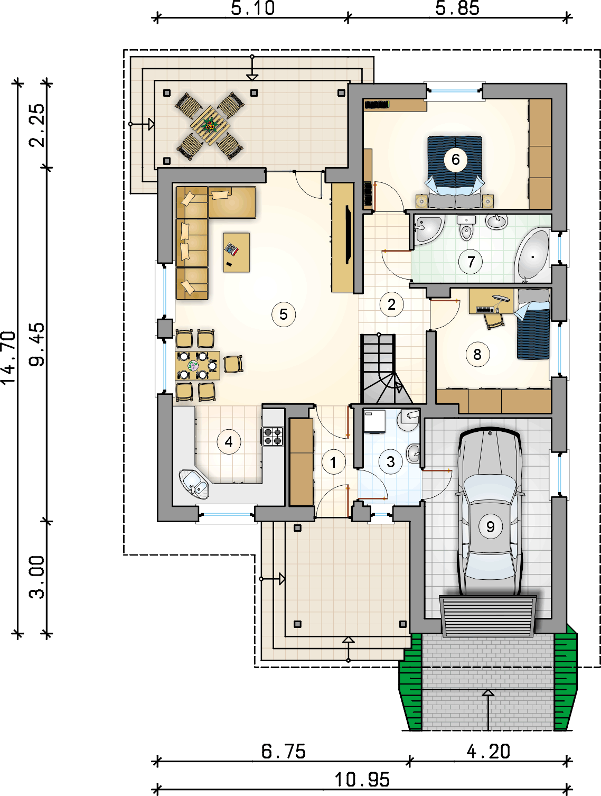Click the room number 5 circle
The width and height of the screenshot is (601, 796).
click(x=284, y=314)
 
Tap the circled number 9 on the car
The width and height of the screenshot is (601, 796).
click(x=491, y=526)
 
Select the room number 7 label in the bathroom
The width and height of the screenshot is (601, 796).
click(x=471, y=262)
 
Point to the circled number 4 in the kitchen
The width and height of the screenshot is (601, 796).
click(x=229, y=442)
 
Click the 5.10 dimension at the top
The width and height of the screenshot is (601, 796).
click(x=253, y=8)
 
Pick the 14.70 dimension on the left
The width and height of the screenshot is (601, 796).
click(x=8, y=357)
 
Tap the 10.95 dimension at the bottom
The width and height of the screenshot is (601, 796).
click(x=362, y=779)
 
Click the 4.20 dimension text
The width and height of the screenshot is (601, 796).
click(x=489, y=751)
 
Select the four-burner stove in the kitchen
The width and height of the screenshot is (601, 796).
click(x=273, y=436)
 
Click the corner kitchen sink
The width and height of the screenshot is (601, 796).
click(x=194, y=484)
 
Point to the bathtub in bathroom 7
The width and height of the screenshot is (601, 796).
click(x=532, y=256)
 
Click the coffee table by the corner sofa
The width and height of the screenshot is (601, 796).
click(x=236, y=252)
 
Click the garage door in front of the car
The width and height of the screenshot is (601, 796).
click(x=488, y=616)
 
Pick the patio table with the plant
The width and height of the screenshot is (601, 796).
click(x=210, y=125)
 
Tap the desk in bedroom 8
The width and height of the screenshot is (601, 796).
click(x=491, y=301)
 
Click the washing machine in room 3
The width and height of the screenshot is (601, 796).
click(x=374, y=422)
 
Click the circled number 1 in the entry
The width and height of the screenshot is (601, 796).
click(x=333, y=462)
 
